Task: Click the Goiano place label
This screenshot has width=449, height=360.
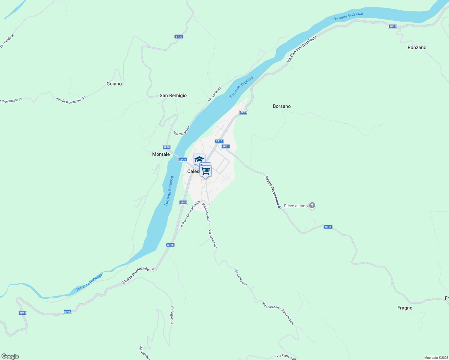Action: coord(114,84)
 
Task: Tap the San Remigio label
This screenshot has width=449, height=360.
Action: coord(173,95)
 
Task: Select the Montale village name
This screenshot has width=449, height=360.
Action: coord(161,154)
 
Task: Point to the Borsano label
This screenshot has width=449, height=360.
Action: coord(282,106)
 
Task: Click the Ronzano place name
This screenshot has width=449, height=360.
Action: coord(417,47)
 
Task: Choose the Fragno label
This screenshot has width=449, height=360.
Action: coord(405,308)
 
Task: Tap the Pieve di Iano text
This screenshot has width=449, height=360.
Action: coord(296,206)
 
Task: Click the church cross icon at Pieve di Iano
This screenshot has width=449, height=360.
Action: coord(312,205)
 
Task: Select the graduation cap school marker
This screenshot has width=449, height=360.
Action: coord(199,159)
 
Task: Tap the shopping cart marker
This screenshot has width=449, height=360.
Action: coord(206,171)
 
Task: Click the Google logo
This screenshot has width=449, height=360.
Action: coord(10,356)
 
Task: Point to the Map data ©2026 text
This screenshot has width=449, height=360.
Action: coord(435,358)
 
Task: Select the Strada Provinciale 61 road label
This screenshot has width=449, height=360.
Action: coord(273,192)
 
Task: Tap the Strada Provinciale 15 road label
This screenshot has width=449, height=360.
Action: coord(138,275)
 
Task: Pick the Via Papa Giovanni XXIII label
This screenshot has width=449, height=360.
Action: coord(189,215)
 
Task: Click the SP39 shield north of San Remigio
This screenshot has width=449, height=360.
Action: coord(179,37)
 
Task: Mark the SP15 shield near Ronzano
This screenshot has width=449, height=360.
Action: coord(392,27)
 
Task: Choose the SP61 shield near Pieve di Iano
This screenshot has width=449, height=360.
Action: coord(328,227)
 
